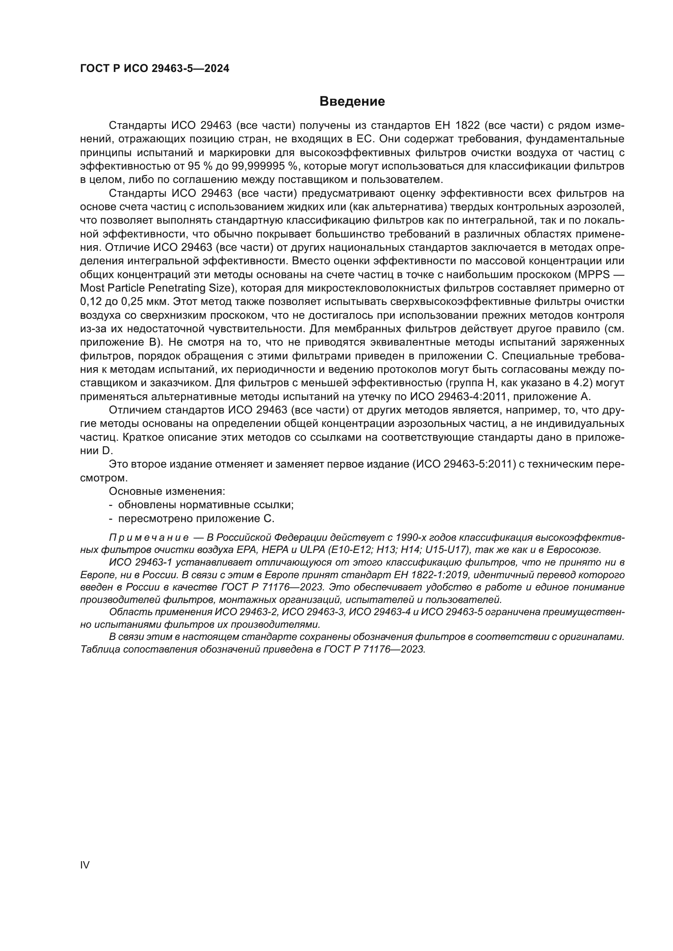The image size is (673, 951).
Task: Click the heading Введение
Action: (x=352, y=102)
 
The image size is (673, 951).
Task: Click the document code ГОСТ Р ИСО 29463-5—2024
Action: (x=155, y=69)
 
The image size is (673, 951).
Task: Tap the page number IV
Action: (x=85, y=865)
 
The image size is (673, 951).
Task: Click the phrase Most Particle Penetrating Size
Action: (x=155, y=288)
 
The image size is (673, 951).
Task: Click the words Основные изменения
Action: (x=166, y=491)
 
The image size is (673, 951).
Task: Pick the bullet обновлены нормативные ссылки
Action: (x=205, y=505)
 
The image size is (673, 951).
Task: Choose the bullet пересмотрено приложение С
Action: (x=196, y=518)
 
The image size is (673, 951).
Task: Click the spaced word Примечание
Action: (x=149, y=538)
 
